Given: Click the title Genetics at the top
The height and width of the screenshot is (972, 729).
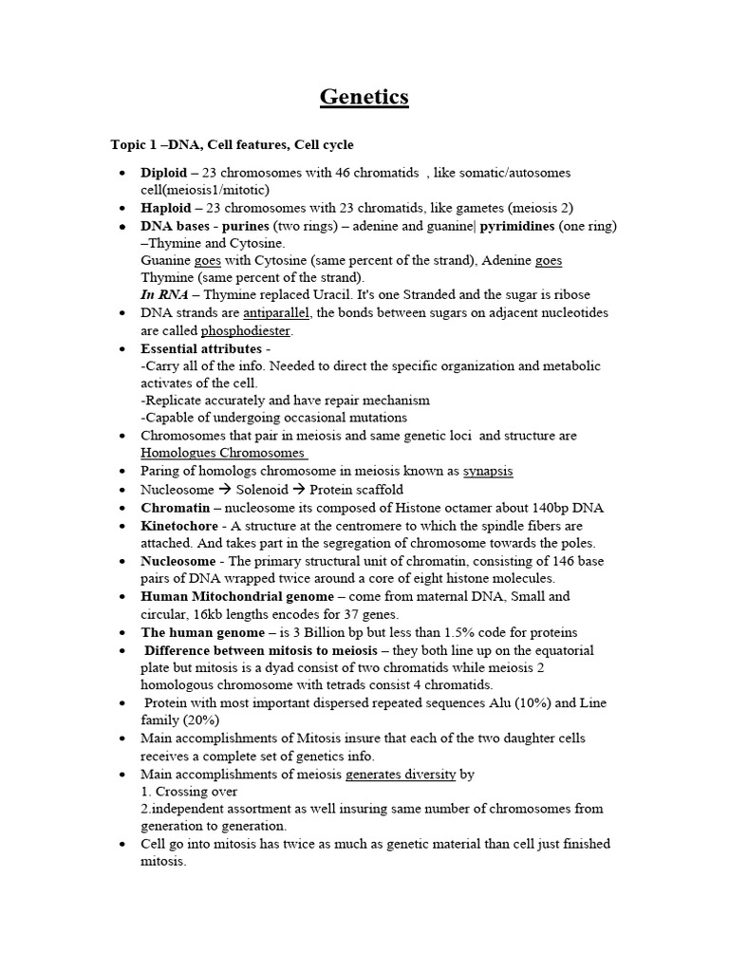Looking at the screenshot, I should pos(364,97).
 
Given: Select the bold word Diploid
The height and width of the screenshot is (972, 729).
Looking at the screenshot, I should pos(163,173).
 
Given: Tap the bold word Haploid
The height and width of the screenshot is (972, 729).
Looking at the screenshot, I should pos(165,208).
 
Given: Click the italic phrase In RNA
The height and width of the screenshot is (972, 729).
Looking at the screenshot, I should pos(163,295).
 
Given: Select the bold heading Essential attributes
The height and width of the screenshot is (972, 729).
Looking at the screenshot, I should pos(199,348).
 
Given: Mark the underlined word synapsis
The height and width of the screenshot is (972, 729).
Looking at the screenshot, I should pos(487,471).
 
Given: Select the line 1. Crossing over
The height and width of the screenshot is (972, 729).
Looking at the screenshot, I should pos(189,791).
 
